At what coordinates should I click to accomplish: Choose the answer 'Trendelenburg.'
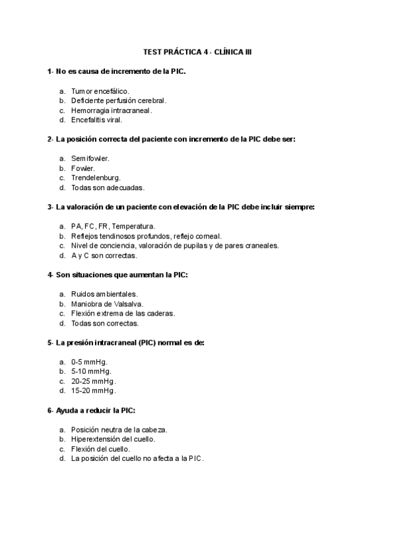(96, 178)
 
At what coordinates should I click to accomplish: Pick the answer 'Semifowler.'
(90, 158)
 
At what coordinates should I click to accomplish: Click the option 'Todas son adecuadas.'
(107, 188)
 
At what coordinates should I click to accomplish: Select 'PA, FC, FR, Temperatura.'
(113, 226)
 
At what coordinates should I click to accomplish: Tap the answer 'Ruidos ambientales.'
(104, 294)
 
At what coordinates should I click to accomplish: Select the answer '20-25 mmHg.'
(93, 381)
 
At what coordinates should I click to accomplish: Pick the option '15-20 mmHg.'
(93, 391)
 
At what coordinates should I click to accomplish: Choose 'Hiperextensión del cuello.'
(114, 439)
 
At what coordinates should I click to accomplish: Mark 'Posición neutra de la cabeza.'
(119, 429)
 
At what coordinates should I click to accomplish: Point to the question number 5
(50, 343)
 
